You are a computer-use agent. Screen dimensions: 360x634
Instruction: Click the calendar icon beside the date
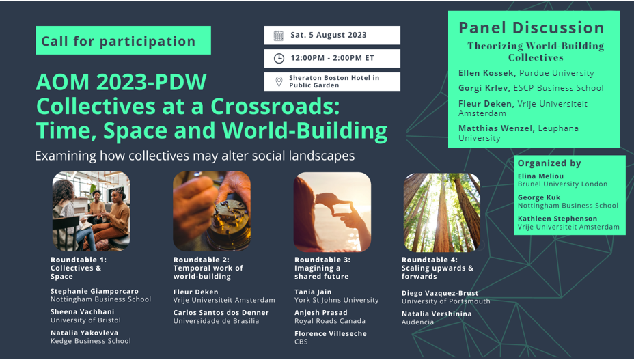(278, 36)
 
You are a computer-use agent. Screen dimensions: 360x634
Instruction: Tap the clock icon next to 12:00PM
(279, 59)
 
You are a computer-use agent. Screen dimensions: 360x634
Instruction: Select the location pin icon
(279, 82)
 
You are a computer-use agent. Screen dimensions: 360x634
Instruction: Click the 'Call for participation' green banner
(123, 41)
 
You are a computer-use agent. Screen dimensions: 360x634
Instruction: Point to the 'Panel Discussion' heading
(531, 28)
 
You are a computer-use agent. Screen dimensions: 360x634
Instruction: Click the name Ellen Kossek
(486, 73)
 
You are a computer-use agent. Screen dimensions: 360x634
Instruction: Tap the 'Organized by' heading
(549, 163)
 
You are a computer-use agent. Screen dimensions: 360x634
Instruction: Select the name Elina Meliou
(540, 176)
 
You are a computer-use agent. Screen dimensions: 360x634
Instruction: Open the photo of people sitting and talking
(92, 211)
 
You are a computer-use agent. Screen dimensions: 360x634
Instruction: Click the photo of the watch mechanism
(211, 211)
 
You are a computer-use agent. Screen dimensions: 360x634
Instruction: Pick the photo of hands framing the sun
(332, 212)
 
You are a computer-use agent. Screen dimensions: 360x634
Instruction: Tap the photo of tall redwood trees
(442, 212)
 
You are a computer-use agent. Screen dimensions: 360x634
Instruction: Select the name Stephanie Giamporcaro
(95, 291)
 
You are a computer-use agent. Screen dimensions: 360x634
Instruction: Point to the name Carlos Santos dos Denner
(221, 313)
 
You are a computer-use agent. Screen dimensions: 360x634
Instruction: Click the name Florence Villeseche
(331, 334)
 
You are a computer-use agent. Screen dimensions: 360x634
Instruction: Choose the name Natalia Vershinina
(437, 314)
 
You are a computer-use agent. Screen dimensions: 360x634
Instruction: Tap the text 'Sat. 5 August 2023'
(329, 36)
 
